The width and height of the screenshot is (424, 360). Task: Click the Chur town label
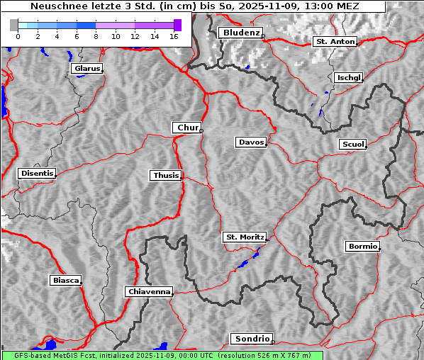click(187, 128)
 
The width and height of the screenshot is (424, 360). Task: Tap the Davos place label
click(250, 142)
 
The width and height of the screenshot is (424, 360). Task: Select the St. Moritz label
click(244, 237)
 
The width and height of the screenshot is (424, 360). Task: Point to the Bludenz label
click(240, 33)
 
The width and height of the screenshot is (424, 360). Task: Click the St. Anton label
click(334, 42)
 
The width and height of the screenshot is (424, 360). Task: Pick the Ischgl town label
click(349, 77)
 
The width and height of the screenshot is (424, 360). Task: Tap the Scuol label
click(352, 145)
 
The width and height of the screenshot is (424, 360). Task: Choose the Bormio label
click(362, 247)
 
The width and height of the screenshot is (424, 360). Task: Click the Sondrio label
click(251, 339)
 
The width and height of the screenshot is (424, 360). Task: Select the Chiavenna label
click(148, 291)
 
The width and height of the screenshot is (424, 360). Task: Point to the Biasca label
click(66, 281)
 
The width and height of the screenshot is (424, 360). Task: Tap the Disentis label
click(36, 173)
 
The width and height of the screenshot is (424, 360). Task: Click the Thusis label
click(166, 175)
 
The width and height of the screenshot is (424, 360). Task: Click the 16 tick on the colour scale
click(174, 36)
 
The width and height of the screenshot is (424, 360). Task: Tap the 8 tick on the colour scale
click(96, 36)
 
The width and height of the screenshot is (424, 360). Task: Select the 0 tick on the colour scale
click(18, 36)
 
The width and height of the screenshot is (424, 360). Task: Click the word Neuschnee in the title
click(56, 6)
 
